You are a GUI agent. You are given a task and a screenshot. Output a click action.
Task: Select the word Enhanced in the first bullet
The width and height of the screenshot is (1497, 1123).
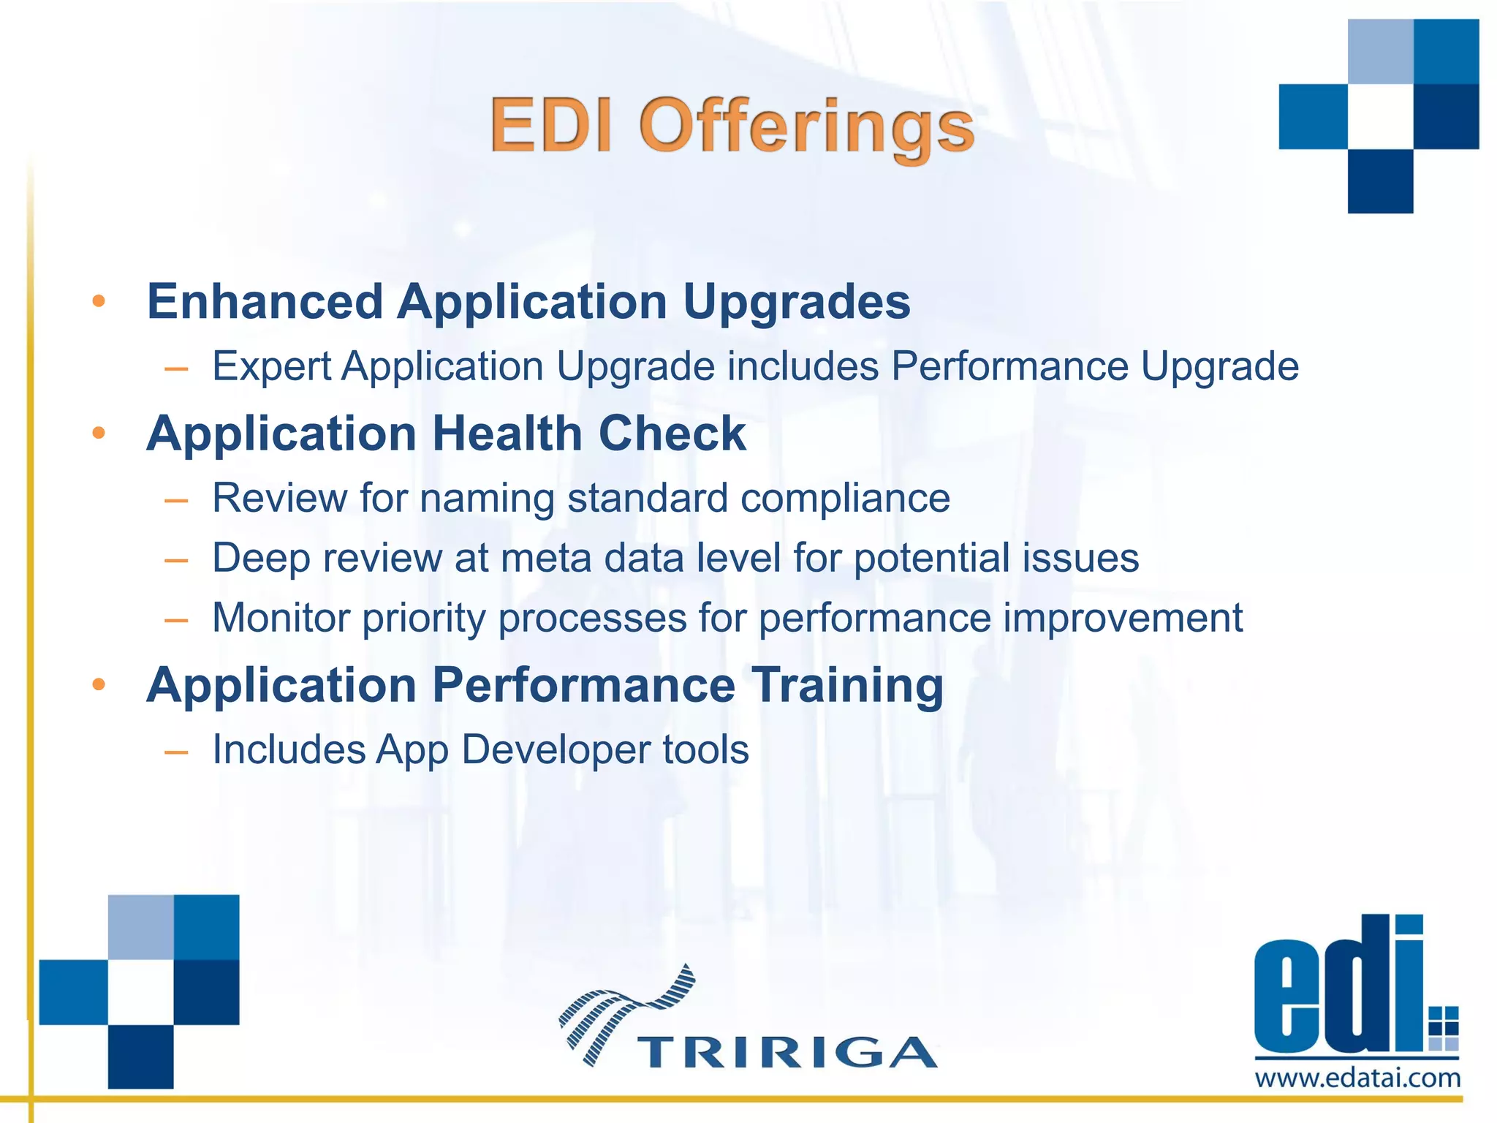click(x=265, y=301)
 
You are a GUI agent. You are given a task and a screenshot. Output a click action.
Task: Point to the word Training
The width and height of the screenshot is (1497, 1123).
click(x=848, y=686)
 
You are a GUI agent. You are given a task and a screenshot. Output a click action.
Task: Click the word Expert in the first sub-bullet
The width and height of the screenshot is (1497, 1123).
click(x=271, y=366)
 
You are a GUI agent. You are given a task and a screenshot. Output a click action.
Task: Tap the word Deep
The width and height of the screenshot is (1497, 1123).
click(x=261, y=559)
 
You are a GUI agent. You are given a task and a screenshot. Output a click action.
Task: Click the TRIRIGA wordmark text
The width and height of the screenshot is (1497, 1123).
click(x=787, y=1053)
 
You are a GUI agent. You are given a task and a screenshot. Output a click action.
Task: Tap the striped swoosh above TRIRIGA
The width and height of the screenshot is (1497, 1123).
click(x=626, y=1009)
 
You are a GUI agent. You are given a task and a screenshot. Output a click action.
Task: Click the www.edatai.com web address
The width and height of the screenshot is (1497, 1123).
click(x=1357, y=1078)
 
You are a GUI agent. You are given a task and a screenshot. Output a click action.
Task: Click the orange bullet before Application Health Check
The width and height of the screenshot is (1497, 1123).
click(x=99, y=434)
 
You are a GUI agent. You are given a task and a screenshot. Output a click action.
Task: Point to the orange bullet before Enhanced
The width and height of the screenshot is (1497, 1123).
click(x=99, y=301)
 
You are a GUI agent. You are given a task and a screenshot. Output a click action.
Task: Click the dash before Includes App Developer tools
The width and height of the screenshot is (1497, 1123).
click(x=176, y=752)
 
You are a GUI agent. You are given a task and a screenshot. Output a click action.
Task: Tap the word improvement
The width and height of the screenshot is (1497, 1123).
click(x=1123, y=618)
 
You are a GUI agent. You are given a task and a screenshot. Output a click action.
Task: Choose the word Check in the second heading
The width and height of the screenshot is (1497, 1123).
click(x=672, y=434)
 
